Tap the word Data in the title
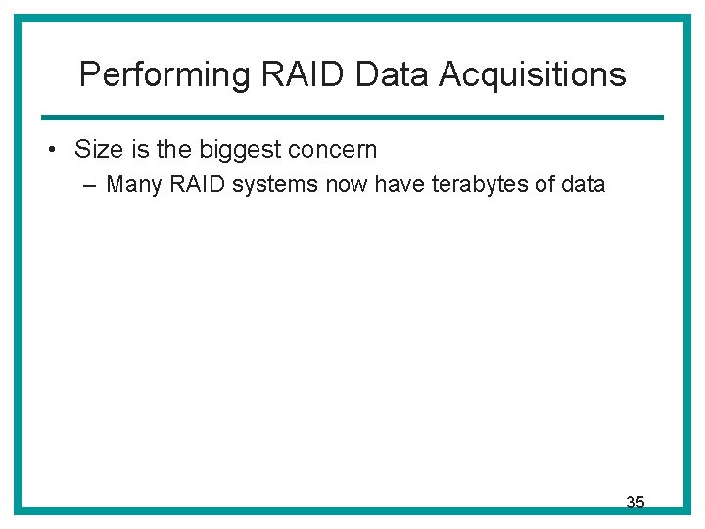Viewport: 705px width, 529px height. (x=372, y=74)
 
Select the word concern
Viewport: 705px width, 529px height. (x=334, y=150)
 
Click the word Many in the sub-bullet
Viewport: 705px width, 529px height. (x=131, y=184)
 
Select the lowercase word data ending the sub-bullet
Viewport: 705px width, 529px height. (x=585, y=183)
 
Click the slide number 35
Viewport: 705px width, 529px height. (x=634, y=503)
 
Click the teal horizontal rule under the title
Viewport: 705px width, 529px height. (x=352, y=118)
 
